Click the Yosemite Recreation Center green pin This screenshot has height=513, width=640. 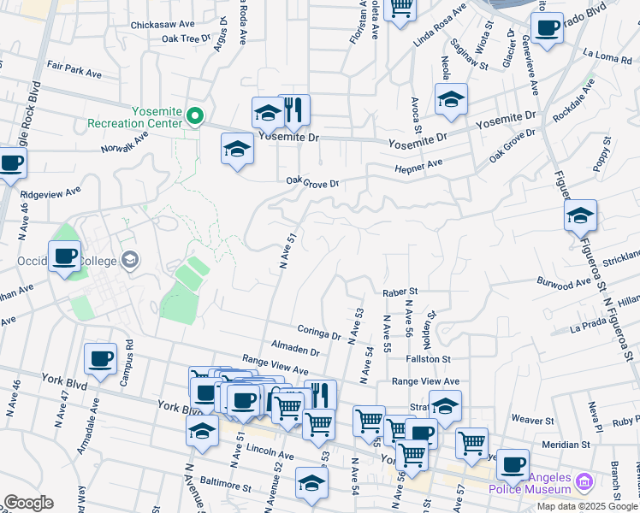[196, 116]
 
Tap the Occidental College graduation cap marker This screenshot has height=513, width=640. [130, 259]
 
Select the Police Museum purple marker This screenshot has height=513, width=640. [584, 483]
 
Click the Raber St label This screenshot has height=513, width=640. [400, 292]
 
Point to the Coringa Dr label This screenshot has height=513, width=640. [320, 332]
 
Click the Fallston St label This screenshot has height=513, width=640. [429, 360]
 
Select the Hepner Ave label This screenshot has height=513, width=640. [418, 165]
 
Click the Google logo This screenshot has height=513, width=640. [29, 503]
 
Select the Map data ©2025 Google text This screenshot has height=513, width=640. [588, 506]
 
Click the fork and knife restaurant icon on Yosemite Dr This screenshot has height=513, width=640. [293, 109]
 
